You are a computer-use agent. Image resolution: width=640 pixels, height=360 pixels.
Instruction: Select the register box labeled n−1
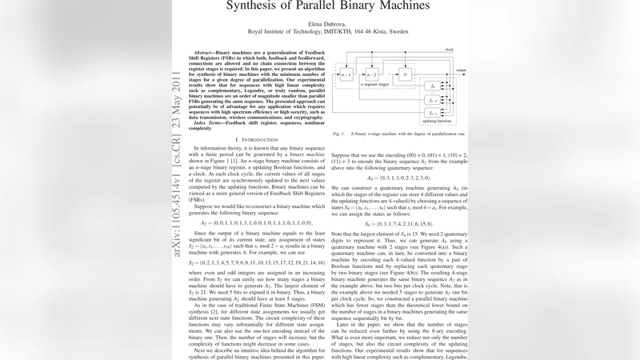pyautogui.click(x=346, y=75)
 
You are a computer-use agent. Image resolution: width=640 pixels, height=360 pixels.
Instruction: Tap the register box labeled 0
pyautogui.click(x=406, y=75)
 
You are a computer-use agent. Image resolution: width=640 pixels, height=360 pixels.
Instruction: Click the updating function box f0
pyautogui.click(x=433, y=86)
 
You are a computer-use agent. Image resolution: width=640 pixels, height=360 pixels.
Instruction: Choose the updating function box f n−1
pyautogui.click(x=433, y=114)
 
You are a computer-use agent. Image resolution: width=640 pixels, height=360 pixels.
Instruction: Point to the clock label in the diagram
pyautogui.click(x=449, y=50)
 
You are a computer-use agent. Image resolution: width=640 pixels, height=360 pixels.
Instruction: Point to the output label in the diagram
pyautogui.click(x=461, y=70)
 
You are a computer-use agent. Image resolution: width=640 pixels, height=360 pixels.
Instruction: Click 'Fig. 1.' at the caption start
pyautogui.click(x=338, y=134)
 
